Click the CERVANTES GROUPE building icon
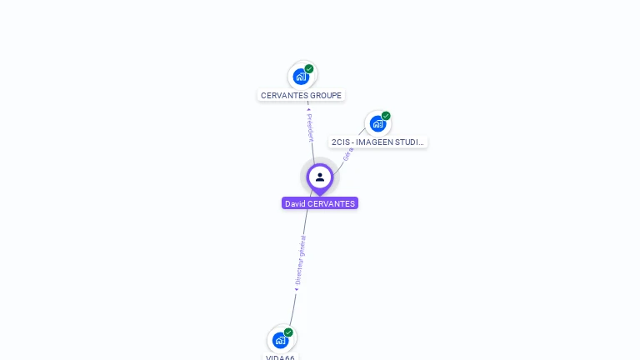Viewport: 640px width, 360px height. (x=301, y=77)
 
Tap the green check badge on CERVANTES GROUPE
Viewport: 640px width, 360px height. (x=309, y=69)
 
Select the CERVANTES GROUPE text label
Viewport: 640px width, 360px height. (x=301, y=96)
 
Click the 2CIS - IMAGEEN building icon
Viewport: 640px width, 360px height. (x=377, y=124)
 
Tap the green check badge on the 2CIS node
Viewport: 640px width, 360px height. (x=386, y=116)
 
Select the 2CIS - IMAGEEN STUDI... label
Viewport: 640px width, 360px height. (x=378, y=142)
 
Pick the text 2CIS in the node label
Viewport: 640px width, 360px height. (x=340, y=142)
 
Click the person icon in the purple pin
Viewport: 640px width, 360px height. (x=320, y=177)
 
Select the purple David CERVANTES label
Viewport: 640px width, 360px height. (x=320, y=203)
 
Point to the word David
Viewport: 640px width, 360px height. (x=295, y=203)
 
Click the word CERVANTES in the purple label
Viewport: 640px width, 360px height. (x=332, y=203)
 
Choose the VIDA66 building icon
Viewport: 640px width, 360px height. (x=280, y=340)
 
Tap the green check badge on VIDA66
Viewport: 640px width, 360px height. (x=288, y=332)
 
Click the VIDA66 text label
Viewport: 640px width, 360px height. (x=280, y=357)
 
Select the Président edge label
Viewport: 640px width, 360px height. (x=310, y=126)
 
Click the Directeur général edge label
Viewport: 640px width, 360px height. (x=301, y=261)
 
